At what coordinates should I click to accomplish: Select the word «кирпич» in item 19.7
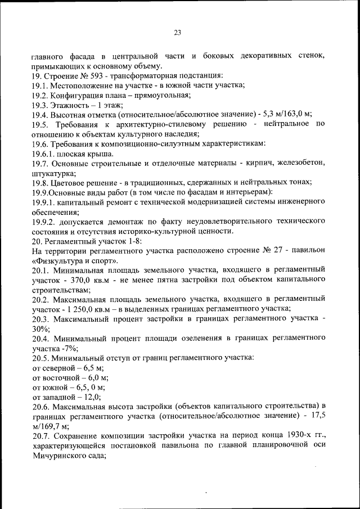(x=251, y=163)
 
